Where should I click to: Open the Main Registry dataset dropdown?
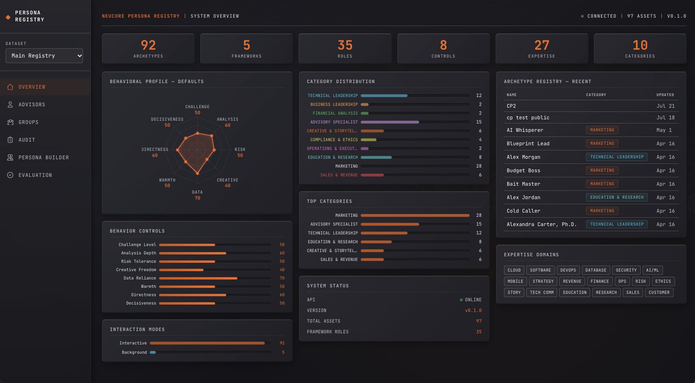click(44, 56)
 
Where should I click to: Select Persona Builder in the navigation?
click(44, 157)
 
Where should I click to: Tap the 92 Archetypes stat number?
click(148, 45)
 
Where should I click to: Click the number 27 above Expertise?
click(542, 45)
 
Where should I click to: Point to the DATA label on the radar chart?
click(198, 192)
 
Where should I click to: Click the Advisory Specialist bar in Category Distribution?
click(390, 122)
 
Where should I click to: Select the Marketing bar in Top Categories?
click(415, 215)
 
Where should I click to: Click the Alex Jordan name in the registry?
click(523, 197)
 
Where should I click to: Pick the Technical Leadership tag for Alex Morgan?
click(617, 157)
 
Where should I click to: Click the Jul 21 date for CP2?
click(665, 106)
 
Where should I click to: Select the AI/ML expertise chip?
click(652, 270)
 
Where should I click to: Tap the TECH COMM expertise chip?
click(542, 292)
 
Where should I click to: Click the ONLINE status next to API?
click(473, 300)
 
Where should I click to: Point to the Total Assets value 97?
click(479, 321)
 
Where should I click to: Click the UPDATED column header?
click(665, 95)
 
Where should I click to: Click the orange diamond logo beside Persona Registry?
click(8, 17)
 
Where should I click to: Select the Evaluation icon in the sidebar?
click(10, 175)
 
